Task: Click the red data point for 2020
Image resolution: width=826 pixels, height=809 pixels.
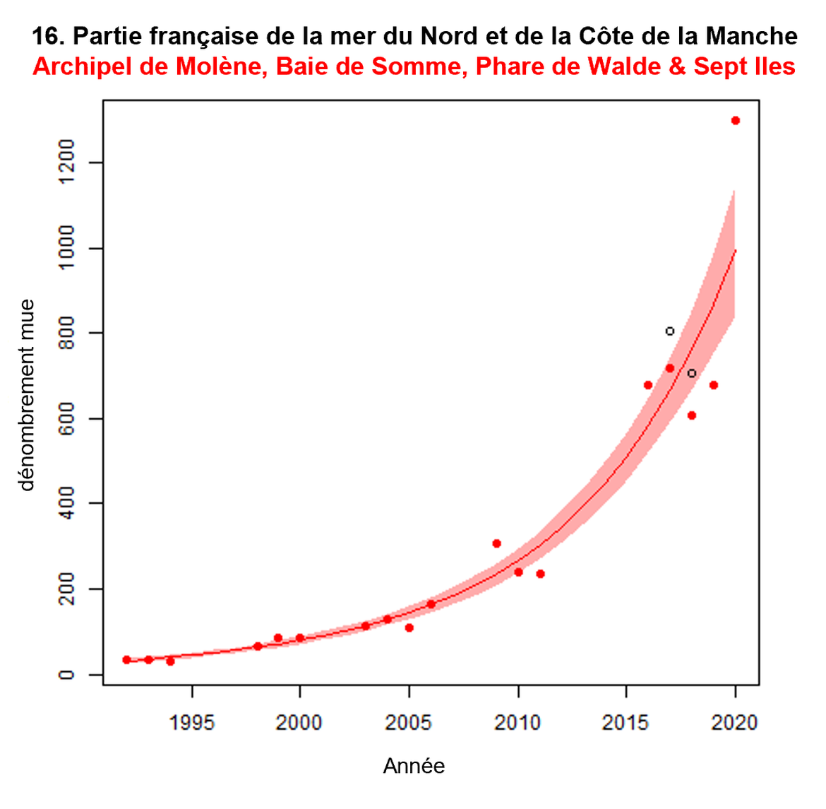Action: click(735, 120)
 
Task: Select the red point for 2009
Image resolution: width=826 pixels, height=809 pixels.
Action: click(496, 543)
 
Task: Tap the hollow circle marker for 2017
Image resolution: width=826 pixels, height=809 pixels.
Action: click(669, 331)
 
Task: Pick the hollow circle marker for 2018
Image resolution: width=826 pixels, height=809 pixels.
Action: click(692, 373)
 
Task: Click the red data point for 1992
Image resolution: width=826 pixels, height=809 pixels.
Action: click(126, 660)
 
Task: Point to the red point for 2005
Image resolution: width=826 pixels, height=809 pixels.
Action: click(409, 627)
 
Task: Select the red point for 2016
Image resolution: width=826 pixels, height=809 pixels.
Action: click(647, 385)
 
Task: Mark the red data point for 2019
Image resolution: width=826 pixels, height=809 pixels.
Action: click(713, 385)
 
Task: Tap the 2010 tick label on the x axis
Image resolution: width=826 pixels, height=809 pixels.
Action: click(518, 723)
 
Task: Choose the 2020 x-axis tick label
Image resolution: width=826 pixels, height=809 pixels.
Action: click(736, 723)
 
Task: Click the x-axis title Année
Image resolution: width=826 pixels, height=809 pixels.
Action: click(414, 766)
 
